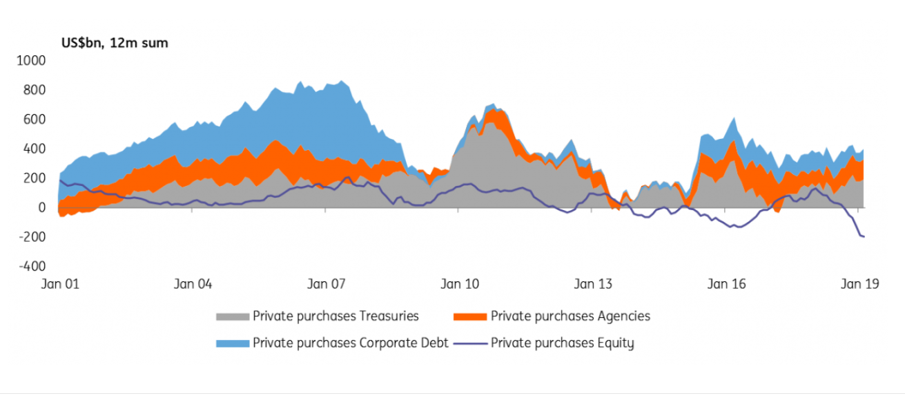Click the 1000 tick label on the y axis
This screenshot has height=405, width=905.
[32, 61]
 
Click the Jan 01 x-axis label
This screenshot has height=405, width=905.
[60, 284]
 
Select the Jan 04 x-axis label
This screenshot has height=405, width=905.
[193, 284]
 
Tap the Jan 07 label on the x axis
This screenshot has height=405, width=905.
[326, 284]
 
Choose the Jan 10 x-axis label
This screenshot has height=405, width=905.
[459, 284]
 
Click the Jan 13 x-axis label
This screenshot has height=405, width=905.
[593, 284]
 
